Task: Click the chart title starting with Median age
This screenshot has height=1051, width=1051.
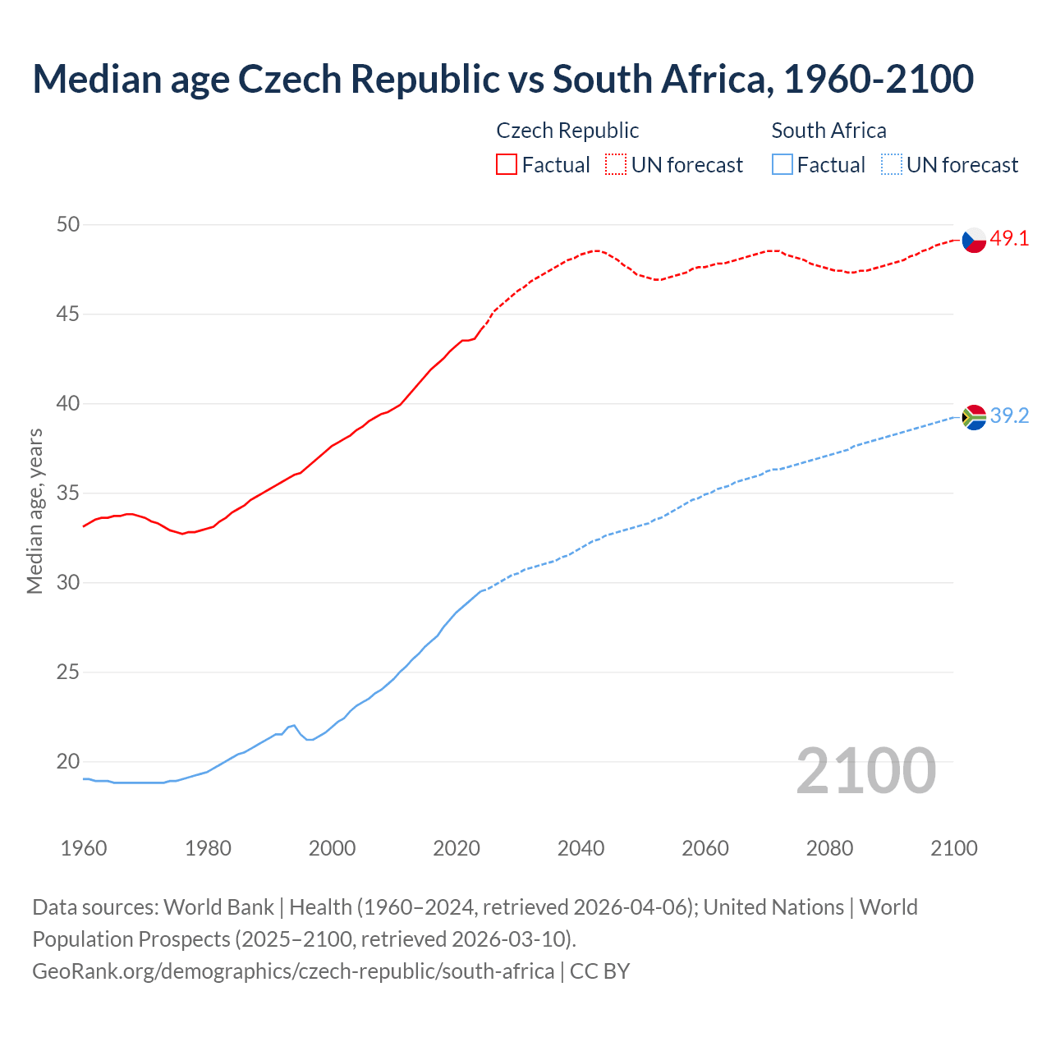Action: coord(503,79)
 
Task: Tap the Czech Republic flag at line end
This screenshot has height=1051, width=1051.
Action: coord(974,240)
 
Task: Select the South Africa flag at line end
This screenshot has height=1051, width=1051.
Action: coord(974,417)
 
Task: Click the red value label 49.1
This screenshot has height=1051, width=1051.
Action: coord(1009,239)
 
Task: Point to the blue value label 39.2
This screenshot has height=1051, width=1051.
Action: coord(1009,416)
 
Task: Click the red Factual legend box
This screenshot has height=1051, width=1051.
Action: coord(507,165)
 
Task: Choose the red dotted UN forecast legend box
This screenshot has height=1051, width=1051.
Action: coord(616,165)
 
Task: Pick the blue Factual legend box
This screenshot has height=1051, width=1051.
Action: coord(783,165)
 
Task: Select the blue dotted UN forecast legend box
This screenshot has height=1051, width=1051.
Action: coord(891,165)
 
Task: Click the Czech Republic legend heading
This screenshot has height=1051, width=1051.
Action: coord(567,131)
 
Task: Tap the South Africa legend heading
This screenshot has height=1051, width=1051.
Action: coord(828,131)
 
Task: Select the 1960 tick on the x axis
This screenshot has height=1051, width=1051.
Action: coord(84,848)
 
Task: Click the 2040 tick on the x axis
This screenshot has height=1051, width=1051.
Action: coord(581,848)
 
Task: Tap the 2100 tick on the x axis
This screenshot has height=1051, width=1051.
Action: coord(953,848)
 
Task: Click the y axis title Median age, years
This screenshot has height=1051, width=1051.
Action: coord(34,511)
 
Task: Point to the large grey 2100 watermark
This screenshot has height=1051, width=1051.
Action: coord(865,771)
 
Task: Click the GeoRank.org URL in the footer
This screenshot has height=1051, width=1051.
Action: coord(293,971)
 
